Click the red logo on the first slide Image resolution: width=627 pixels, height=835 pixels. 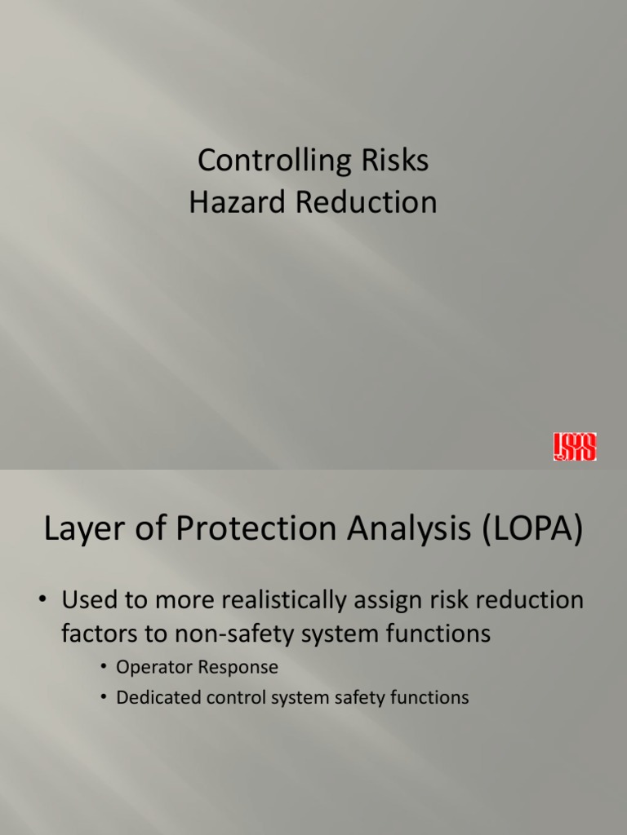click(574, 447)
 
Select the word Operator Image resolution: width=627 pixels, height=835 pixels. click(150, 668)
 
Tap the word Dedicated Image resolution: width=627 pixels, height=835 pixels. click(155, 698)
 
